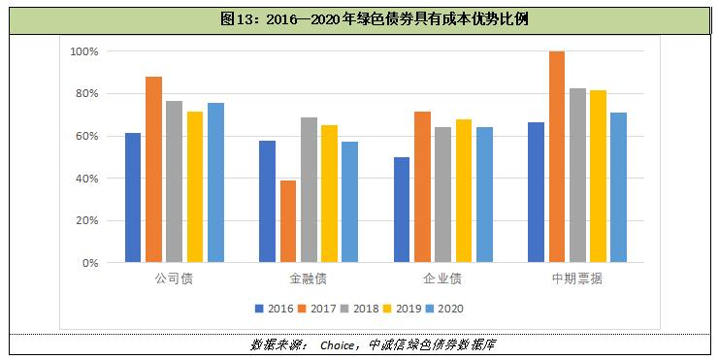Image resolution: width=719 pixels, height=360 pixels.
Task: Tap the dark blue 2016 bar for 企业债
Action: (402, 210)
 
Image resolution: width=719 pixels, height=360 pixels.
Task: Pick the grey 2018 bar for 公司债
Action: (175, 181)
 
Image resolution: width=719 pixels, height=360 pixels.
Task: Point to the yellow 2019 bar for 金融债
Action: (329, 194)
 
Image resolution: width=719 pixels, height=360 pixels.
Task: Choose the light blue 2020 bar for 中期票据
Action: (618, 187)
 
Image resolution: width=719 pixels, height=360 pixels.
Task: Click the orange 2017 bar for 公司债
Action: (153, 170)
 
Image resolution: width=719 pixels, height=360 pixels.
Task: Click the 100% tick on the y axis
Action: (84, 50)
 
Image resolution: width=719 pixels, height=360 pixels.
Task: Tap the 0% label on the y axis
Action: (90, 263)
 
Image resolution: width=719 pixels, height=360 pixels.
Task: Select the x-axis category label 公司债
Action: (174, 279)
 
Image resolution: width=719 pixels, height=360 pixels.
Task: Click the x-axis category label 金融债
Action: (309, 279)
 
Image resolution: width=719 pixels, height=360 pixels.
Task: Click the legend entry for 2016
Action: (273, 309)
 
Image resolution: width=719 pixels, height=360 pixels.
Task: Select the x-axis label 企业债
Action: (443, 279)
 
